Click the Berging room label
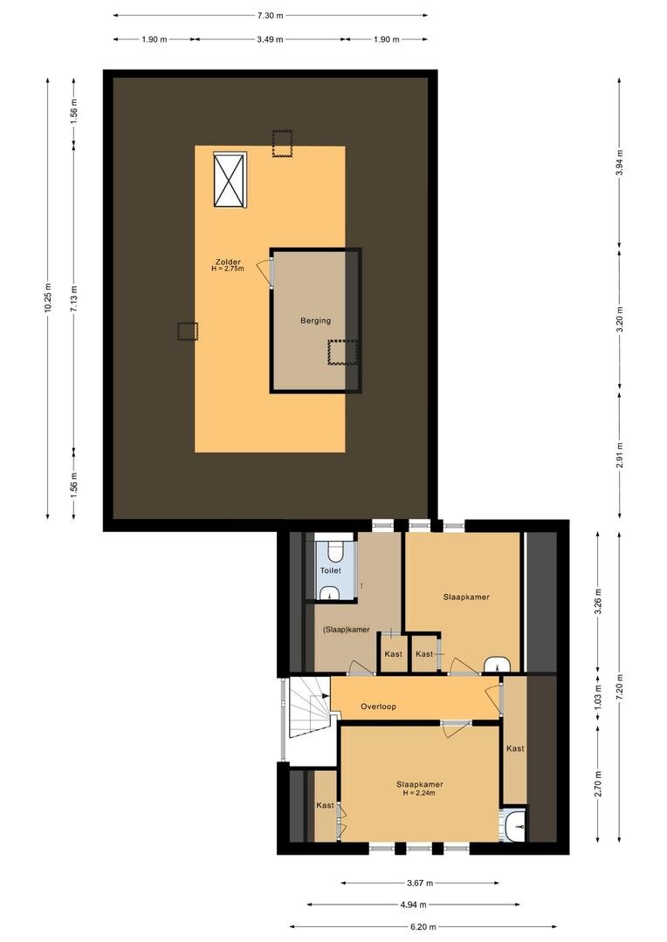click(315, 321)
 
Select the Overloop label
click(378, 706)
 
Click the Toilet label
click(330, 570)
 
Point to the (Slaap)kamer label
click(346, 630)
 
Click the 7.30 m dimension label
click(270, 15)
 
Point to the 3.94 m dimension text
click(619, 162)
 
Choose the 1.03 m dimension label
click(598, 700)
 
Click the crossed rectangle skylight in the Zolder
click(230, 181)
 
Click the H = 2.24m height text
click(419, 793)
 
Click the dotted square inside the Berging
click(342, 352)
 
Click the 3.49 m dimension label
click(268, 39)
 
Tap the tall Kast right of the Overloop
click(515, 748)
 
